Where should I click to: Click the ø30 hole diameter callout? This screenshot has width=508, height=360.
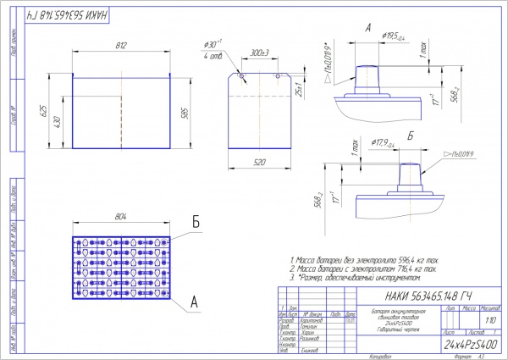click(x=212, y=44)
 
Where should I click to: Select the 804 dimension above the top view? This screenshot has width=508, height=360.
click(x=122, y=218)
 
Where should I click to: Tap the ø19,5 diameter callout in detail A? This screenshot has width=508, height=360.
click(x=392, y=36)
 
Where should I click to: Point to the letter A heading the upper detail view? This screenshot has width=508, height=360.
click(x=367, y=28)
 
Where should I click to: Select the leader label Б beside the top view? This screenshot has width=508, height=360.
click(x=196, y=223)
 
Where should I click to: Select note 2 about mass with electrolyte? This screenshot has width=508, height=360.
click(x=363, y=269)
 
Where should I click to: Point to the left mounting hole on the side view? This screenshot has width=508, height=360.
click(x=242, y=77)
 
